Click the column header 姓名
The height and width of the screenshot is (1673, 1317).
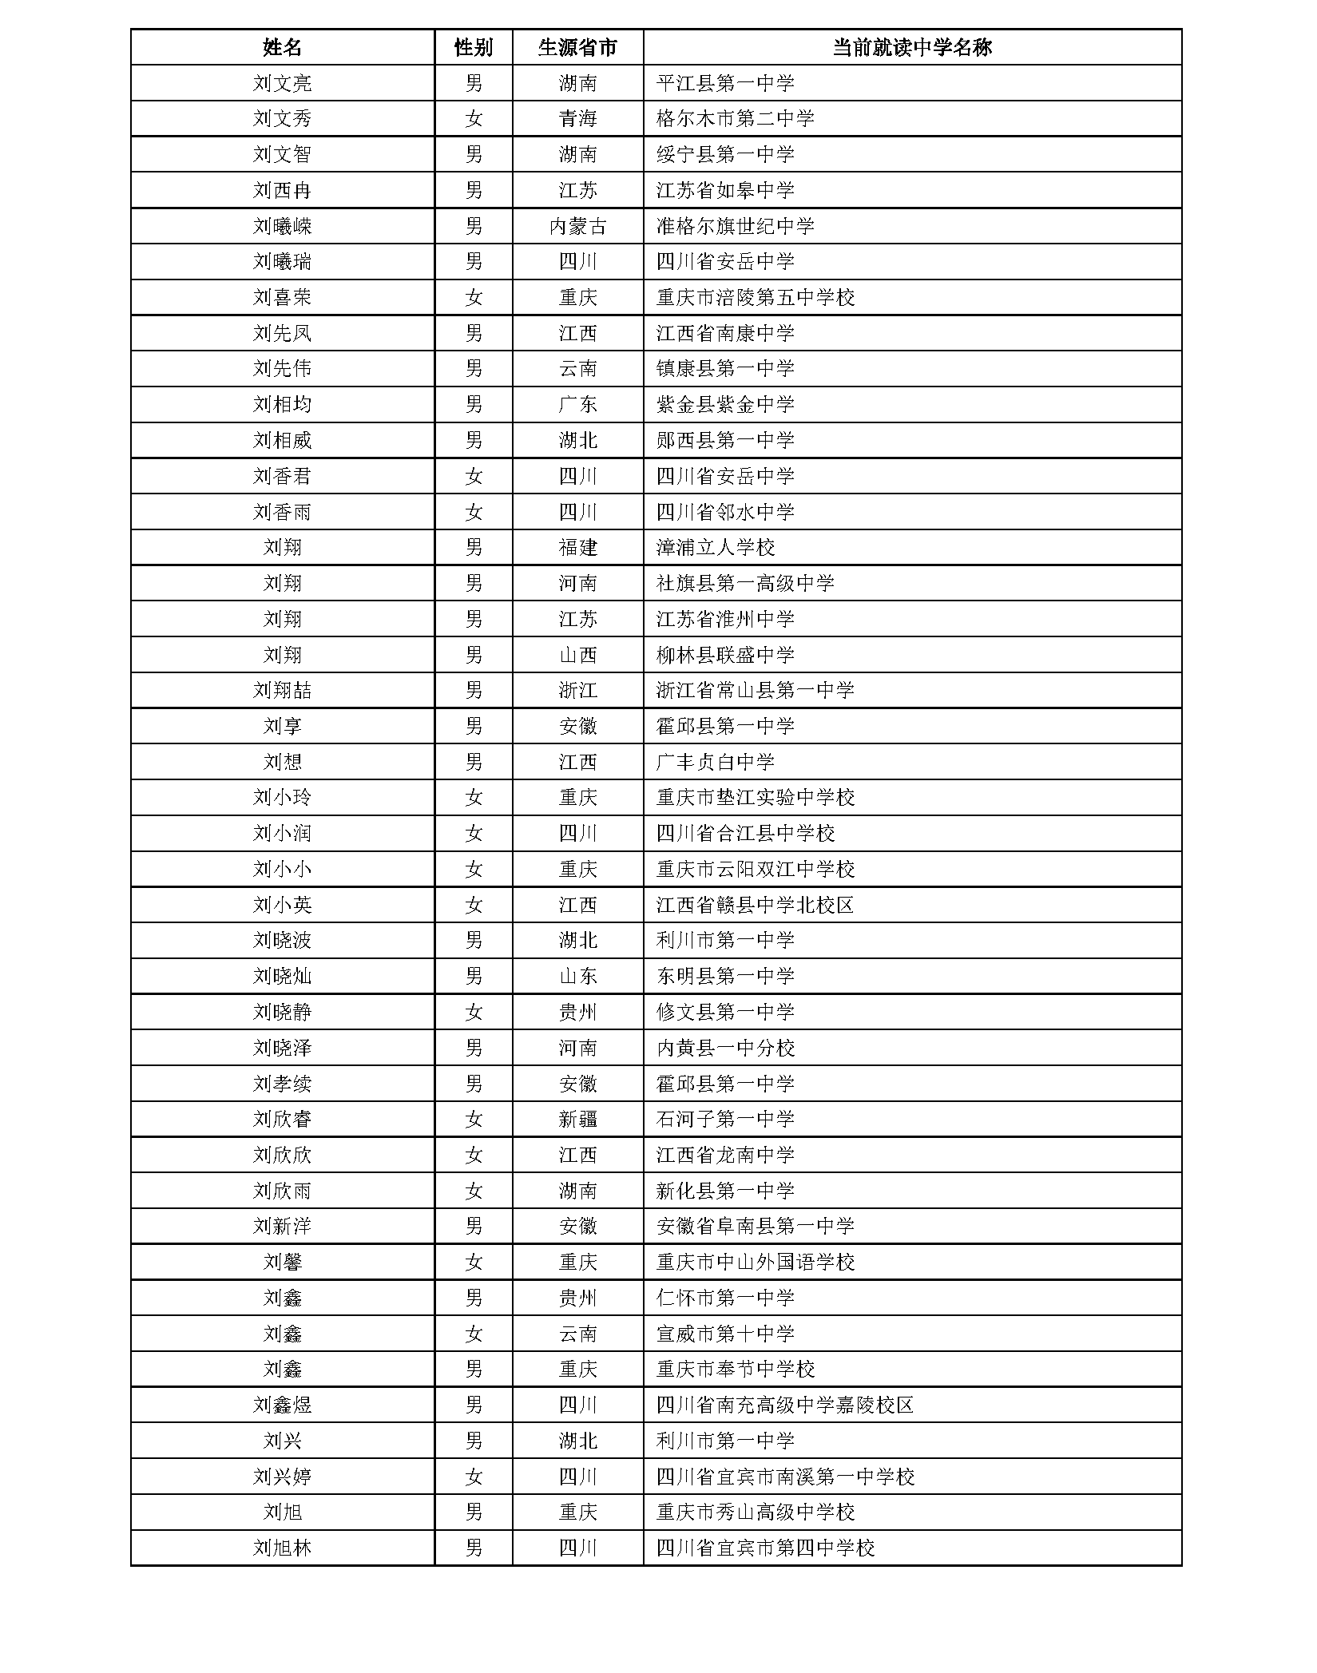point(282,47)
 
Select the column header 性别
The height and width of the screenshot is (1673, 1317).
point(473,47)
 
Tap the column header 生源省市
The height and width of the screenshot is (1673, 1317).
point(577,47)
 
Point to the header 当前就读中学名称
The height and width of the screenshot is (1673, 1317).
point(911,47)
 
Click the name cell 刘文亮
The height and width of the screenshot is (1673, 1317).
point(282,83)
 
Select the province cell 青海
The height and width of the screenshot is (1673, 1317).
point(577,119)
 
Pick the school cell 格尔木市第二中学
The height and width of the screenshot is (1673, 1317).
point(735,119)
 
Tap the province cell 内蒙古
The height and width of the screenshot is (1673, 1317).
point(577,226)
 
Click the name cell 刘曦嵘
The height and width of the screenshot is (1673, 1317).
point(282,226)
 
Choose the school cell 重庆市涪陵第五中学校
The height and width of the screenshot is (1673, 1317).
point(755,298)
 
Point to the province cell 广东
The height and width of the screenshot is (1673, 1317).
point(577,405)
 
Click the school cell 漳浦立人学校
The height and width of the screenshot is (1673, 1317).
point(716,548)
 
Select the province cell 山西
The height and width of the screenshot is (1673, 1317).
point(577,655)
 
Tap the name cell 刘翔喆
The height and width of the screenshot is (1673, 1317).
point(282,691)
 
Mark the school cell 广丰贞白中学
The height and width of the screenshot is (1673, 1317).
point(716,762)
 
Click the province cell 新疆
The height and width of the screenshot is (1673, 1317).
point(577,1120)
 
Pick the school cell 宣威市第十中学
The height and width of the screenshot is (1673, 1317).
point(725,1334)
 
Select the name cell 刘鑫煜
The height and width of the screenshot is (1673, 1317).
point(282,1405)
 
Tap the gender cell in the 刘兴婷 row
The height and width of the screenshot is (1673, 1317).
point(473,1477)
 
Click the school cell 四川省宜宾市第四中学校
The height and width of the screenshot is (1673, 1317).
point(765,1548)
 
